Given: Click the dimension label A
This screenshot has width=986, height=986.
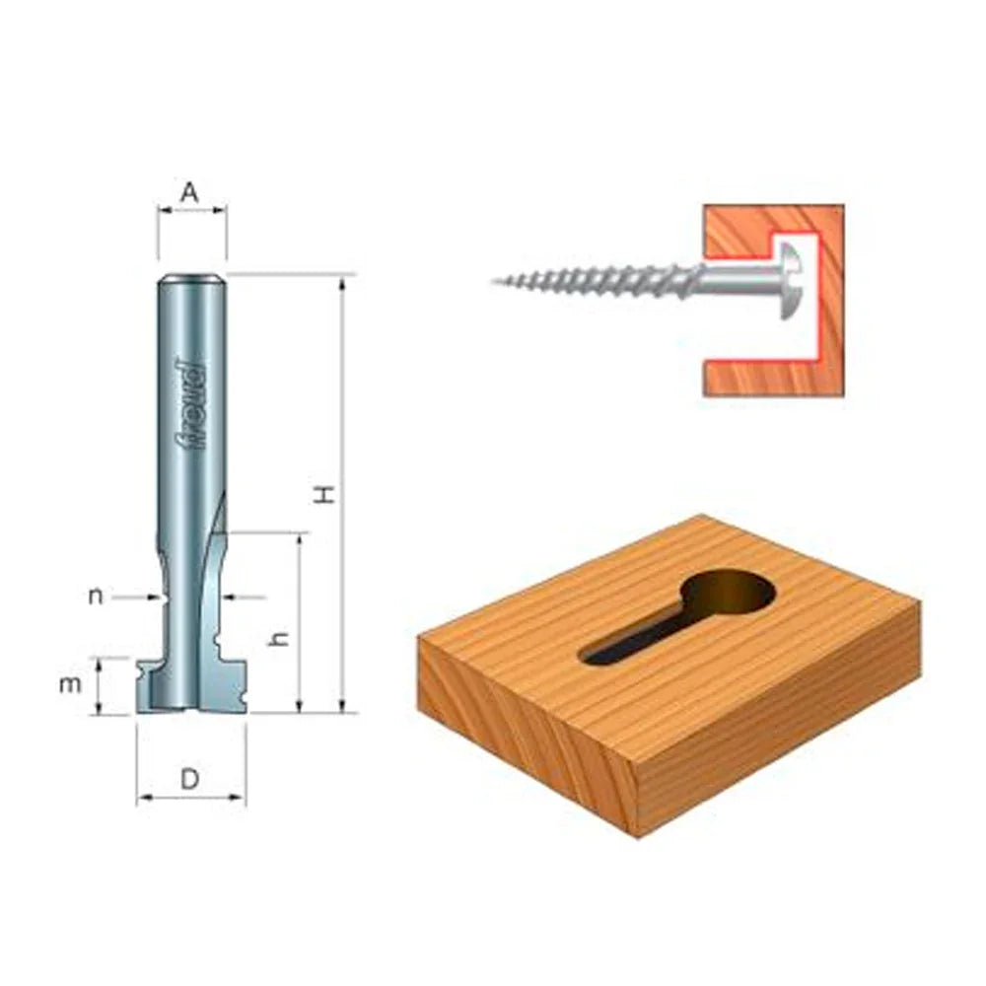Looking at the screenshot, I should coord(189,193).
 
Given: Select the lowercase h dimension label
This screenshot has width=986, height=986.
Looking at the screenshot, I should coord(280,638).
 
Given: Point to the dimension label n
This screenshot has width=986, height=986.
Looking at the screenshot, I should coord(96,596).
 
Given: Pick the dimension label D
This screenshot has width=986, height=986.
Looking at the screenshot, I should coord(190,778).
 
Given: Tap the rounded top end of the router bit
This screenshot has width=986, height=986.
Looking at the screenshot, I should coord(192,279).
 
